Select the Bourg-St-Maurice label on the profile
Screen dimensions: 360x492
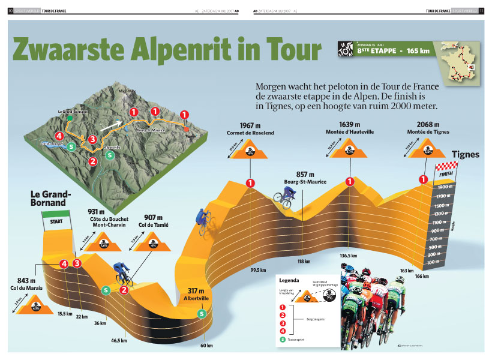(x=302, y=181)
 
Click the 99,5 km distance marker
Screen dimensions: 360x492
(x=258, y=270)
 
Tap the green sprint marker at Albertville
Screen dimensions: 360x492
(x=202, y=313)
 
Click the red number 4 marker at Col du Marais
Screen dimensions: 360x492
(x=63, y=263)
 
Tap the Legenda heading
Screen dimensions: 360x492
(x=289, y=280)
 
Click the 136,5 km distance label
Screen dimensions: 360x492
(x=348, y=256)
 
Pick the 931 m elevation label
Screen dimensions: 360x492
(x=97, y=211)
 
